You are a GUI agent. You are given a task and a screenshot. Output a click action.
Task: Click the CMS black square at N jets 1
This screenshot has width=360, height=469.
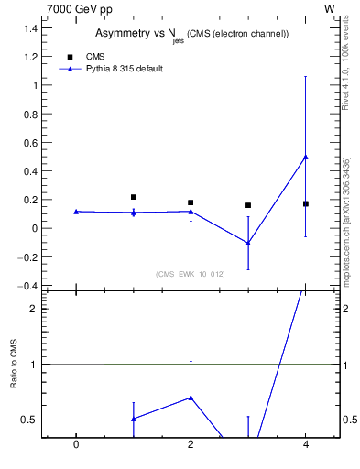click(x=134, y=197)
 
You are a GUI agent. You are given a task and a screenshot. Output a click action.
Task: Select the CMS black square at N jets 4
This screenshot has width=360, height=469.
click(x=306, y=203)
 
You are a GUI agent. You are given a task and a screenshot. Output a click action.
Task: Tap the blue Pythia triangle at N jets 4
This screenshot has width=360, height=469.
click(x=306, y=157)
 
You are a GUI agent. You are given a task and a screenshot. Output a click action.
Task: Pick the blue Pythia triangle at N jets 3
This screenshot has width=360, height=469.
click(x=248, y=243)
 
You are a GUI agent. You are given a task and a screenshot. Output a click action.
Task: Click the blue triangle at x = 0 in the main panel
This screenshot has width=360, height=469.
click(x=76, y=212)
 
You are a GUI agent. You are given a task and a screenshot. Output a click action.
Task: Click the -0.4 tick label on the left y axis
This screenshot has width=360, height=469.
click(x=29, y=286)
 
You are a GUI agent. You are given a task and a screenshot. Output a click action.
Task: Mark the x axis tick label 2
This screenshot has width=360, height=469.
click(x=191, y=446)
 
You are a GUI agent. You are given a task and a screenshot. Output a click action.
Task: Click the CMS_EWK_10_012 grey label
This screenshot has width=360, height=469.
click(x=191, y=274)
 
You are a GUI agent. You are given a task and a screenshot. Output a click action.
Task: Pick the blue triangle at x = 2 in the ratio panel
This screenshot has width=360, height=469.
click(x=191, y=398)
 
